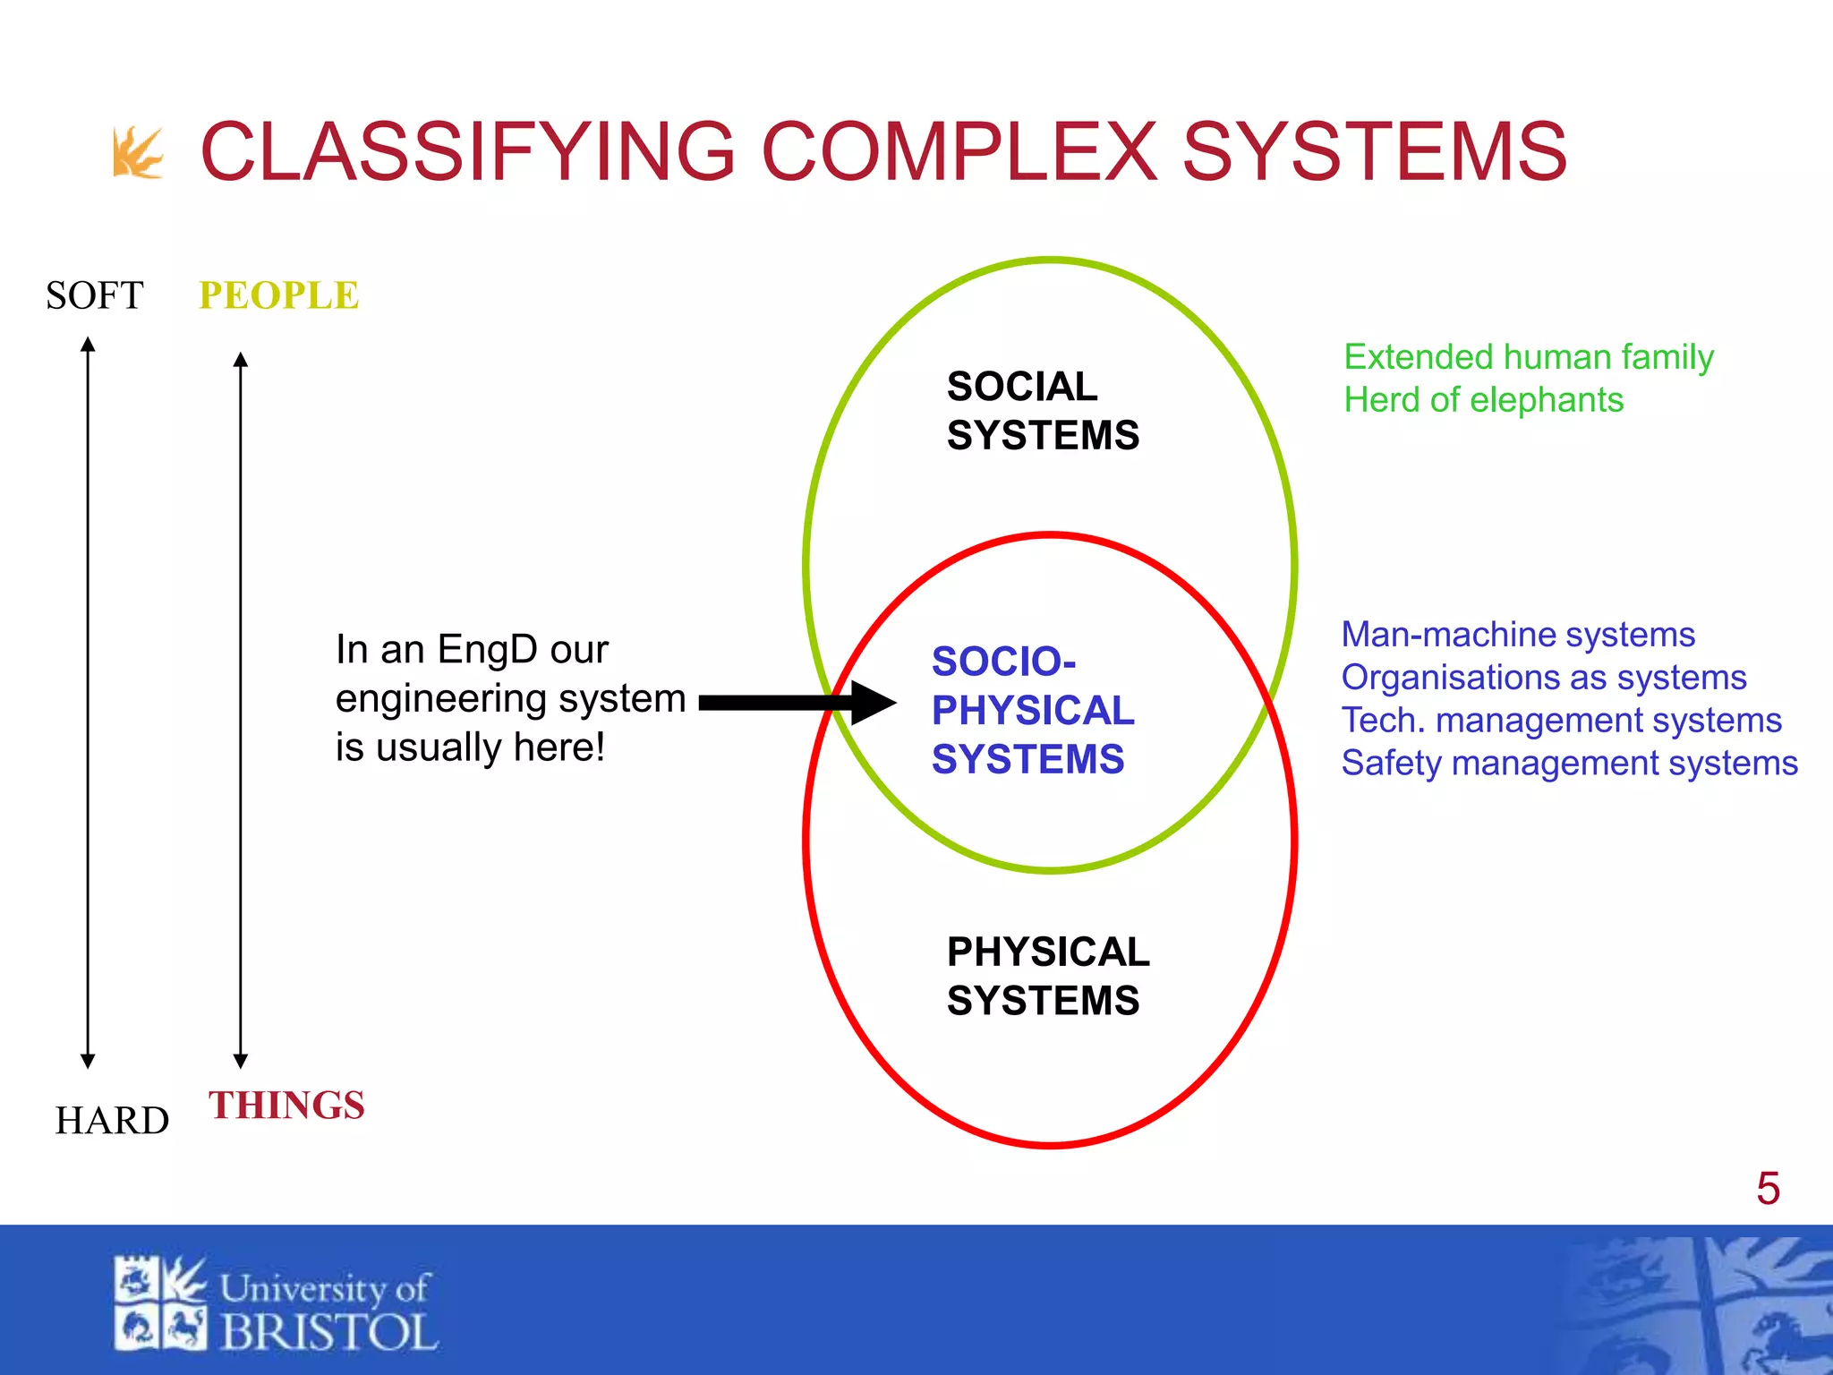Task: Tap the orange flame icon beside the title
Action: click(x=138, y=153)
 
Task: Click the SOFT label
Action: click(x=94, y=295)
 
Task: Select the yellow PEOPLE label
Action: click(x=278, y=295)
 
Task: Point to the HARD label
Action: click(x=112, y=1121)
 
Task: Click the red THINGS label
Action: click(x=286, y=1106)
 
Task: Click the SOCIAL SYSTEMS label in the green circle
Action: click(x=1042, y=411)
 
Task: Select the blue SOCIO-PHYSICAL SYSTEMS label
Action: click(x=1031, y=710)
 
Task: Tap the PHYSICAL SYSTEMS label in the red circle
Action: click(x=1047, y=976)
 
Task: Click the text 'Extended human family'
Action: click(x=1528, y=357)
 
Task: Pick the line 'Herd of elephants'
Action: click(x=1483, y=400)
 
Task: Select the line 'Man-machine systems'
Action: click(x=1517, y=635)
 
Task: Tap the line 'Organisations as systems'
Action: click(x=1543, y=678)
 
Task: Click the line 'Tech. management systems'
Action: click(x=1561, y=721)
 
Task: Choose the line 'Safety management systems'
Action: click(x=1569, y=764)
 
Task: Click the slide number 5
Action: click(x=1768, y=1189)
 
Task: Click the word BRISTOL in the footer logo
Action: click(x=328, y=1333)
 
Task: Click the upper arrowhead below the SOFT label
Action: click(x=88, y=345)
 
